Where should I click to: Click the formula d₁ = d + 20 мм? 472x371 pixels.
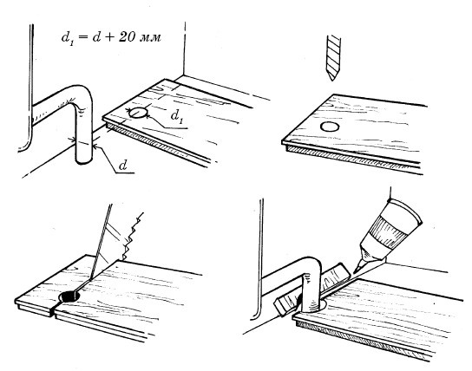111,38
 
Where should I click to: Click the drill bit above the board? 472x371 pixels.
332,57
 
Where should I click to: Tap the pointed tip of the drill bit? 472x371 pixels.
332,81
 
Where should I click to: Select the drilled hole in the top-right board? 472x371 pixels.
330,127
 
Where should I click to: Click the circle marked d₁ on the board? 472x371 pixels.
138,113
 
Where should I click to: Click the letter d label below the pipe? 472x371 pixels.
123,166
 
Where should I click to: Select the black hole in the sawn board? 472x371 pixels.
69,296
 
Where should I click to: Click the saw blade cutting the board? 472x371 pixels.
101,240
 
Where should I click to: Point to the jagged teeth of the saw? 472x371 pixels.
132,235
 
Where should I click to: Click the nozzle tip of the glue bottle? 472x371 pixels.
356,271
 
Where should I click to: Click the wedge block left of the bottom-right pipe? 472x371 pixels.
285,304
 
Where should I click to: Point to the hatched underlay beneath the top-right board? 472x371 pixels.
352,159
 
